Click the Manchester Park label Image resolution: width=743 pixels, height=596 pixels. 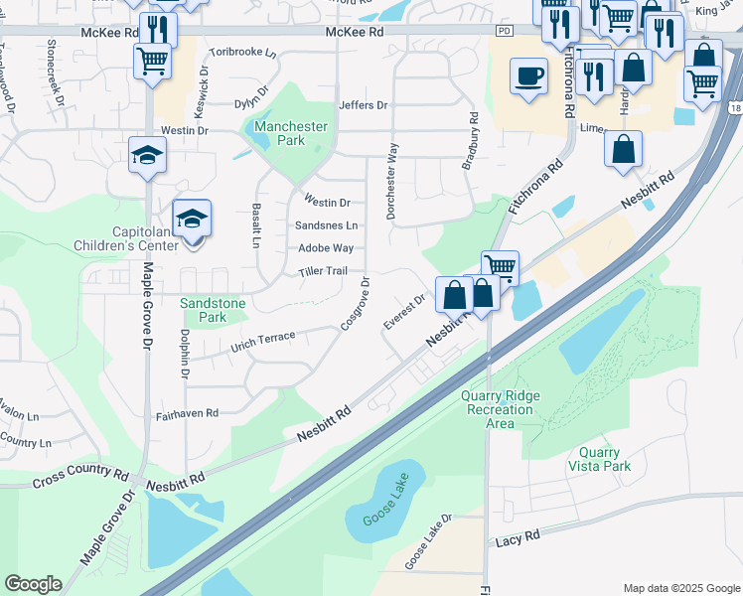[290, 133]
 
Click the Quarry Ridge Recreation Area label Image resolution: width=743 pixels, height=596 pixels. [501, 409]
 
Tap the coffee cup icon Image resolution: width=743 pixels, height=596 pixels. [527, 76]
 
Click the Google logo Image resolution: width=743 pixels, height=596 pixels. [33, 583]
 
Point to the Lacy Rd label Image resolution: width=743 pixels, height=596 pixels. [518, 536]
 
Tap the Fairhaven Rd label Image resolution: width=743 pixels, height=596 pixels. [186, 411]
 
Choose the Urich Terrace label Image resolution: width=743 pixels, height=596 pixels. [262, 341]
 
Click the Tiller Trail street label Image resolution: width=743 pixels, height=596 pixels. [322, 271]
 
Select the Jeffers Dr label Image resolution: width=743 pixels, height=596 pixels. [362, 104]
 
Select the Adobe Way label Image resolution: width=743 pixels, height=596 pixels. [326, 248]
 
